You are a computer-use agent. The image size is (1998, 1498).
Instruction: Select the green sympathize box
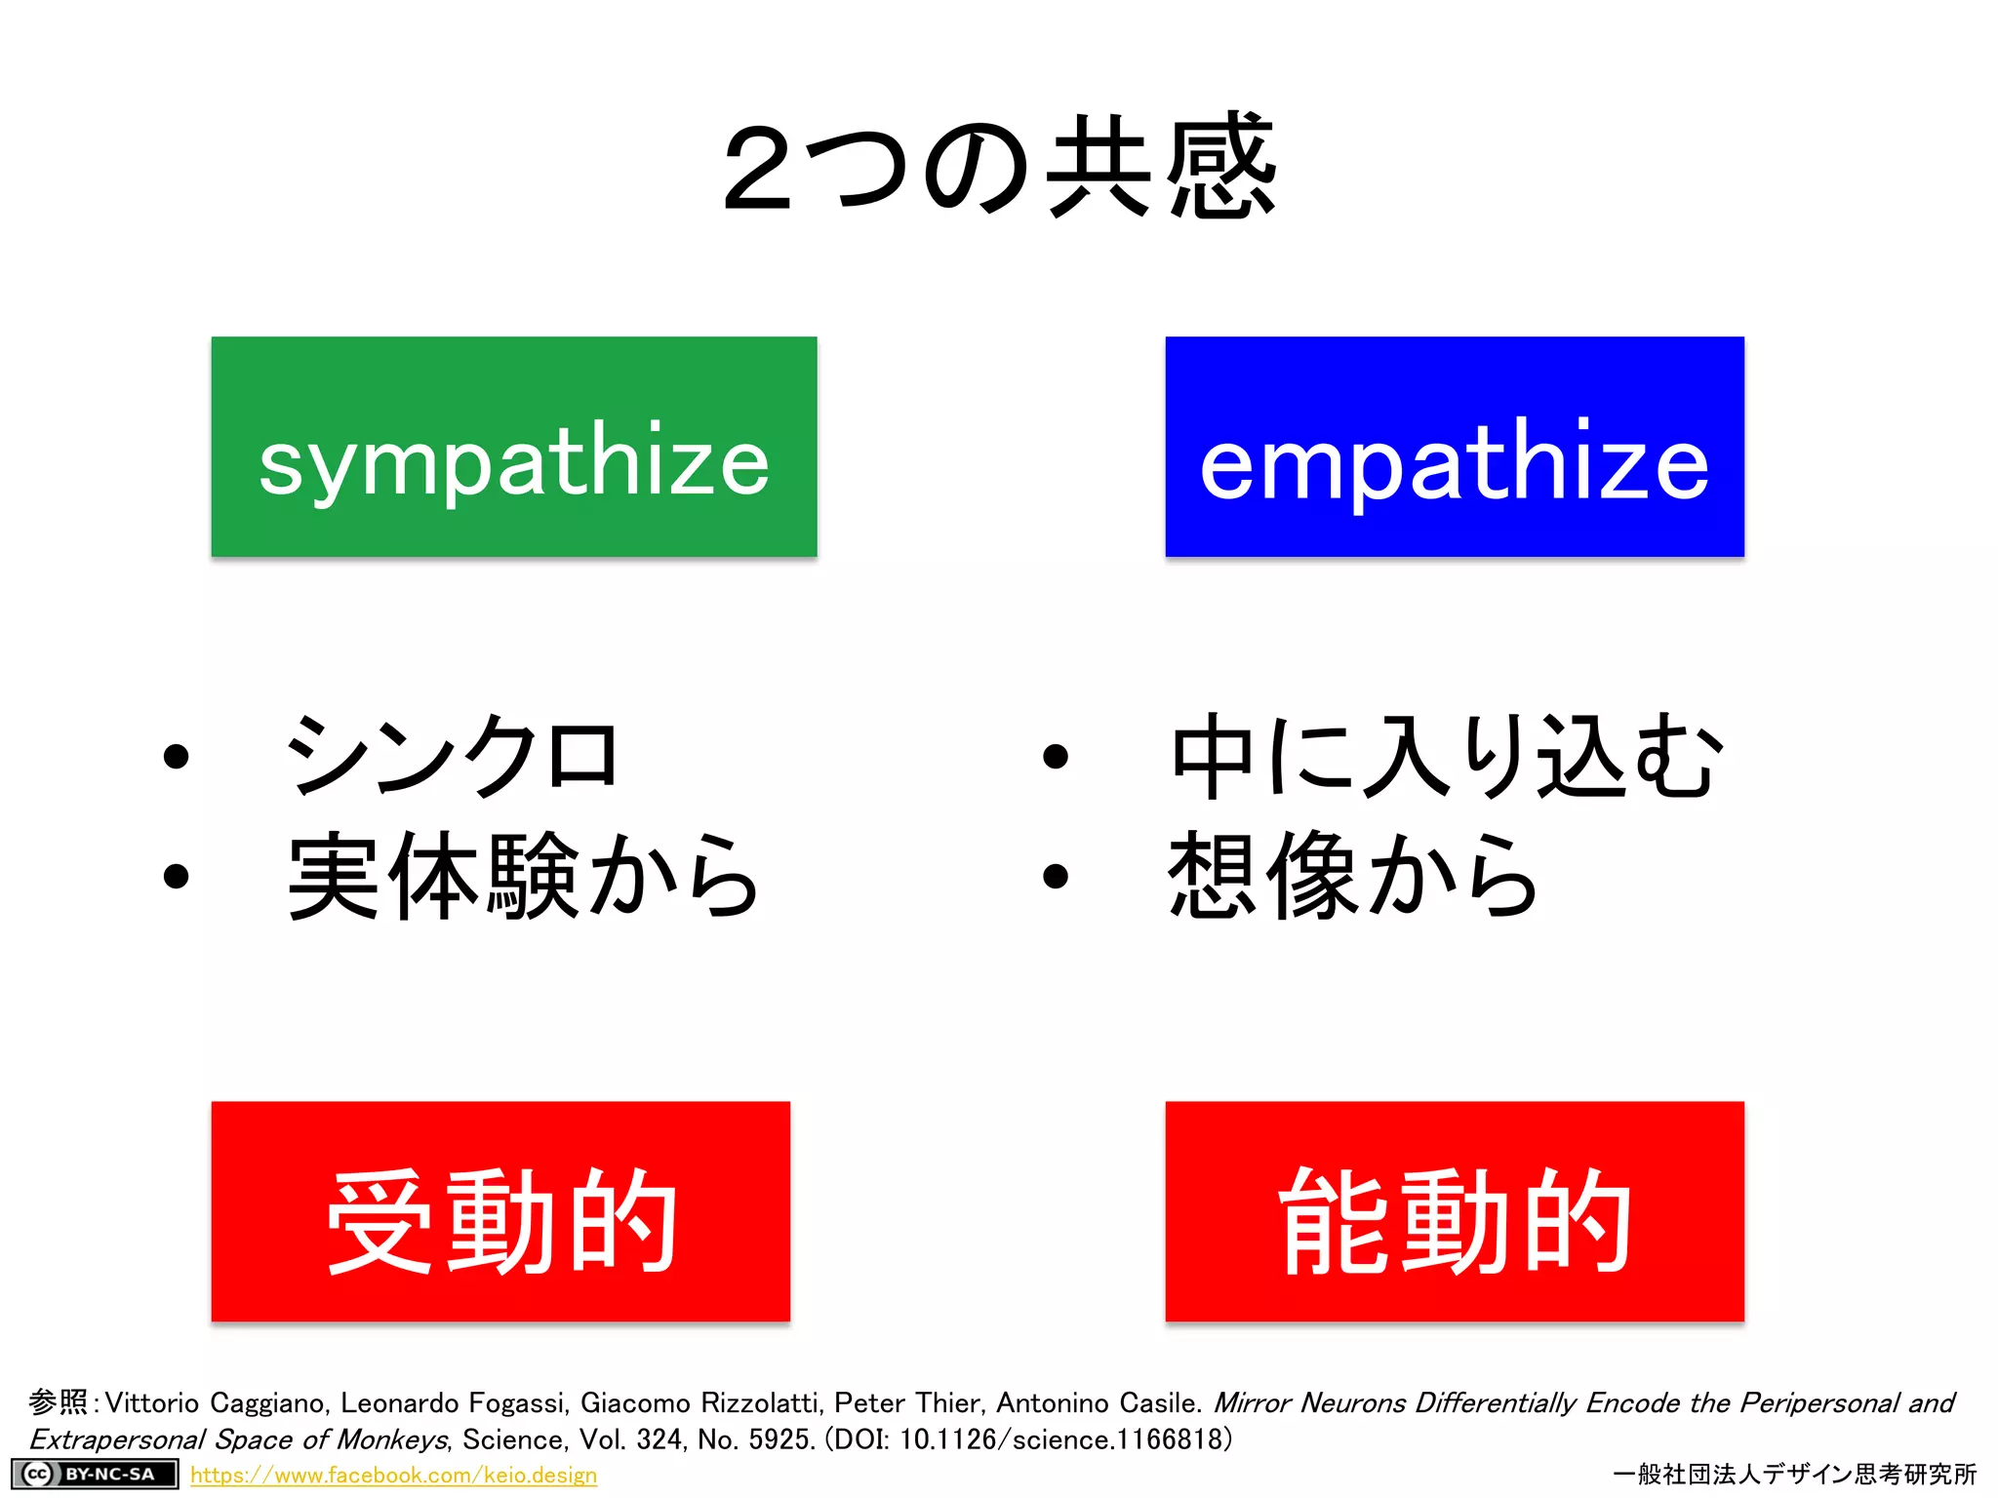tap(514, 447)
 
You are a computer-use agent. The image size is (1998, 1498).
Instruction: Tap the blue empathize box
tap(1454, 447)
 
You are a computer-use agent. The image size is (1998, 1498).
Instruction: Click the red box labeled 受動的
tap(500, 1211)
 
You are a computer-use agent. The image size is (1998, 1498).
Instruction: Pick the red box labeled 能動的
tap(1454, 1211)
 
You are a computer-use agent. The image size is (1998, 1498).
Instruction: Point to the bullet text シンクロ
tap(451, 756)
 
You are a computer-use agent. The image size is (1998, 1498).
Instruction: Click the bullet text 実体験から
tap(524, 876)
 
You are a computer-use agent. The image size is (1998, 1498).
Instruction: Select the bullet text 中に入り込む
tap(1447, 756)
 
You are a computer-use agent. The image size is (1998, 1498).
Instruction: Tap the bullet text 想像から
tap(1353, 876)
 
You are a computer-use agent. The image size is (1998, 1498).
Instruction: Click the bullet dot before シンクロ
tap(177, 757)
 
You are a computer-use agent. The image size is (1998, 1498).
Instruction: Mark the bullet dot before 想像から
tap(1056, 876)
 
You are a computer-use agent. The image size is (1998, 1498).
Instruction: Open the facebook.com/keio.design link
tap(393, 1475)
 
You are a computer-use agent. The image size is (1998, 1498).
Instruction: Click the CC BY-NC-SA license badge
tap(95, 1474)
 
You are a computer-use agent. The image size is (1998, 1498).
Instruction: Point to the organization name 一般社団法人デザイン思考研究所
tap(1795, 1474)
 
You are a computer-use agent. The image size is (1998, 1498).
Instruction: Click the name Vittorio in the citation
tap(152, 1402)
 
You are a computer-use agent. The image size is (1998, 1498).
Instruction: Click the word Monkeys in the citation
tap(391, 1439)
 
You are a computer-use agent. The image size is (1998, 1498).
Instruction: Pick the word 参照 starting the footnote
tap(59, 1402)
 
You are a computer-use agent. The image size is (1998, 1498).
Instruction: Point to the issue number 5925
tap(779, 1439)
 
